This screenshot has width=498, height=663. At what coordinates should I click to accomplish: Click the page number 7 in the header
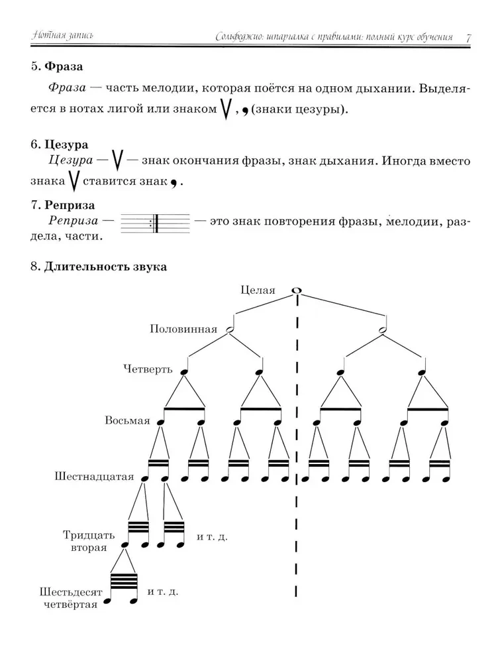click(468, 37)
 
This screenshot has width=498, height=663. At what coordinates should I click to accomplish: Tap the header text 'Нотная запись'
click(58, 37)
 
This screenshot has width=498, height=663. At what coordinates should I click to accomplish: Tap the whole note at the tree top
click(297, 290)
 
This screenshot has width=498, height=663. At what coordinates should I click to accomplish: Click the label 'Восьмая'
click(127, 421)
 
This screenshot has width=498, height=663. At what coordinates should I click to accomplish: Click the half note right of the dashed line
click(383, 330)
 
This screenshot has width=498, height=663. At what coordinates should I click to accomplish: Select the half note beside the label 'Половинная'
click(230, 330)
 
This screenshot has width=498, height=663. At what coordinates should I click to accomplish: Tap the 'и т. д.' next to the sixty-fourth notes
click(163, 589)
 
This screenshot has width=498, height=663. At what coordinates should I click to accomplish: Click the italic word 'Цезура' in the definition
click(71, 161)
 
